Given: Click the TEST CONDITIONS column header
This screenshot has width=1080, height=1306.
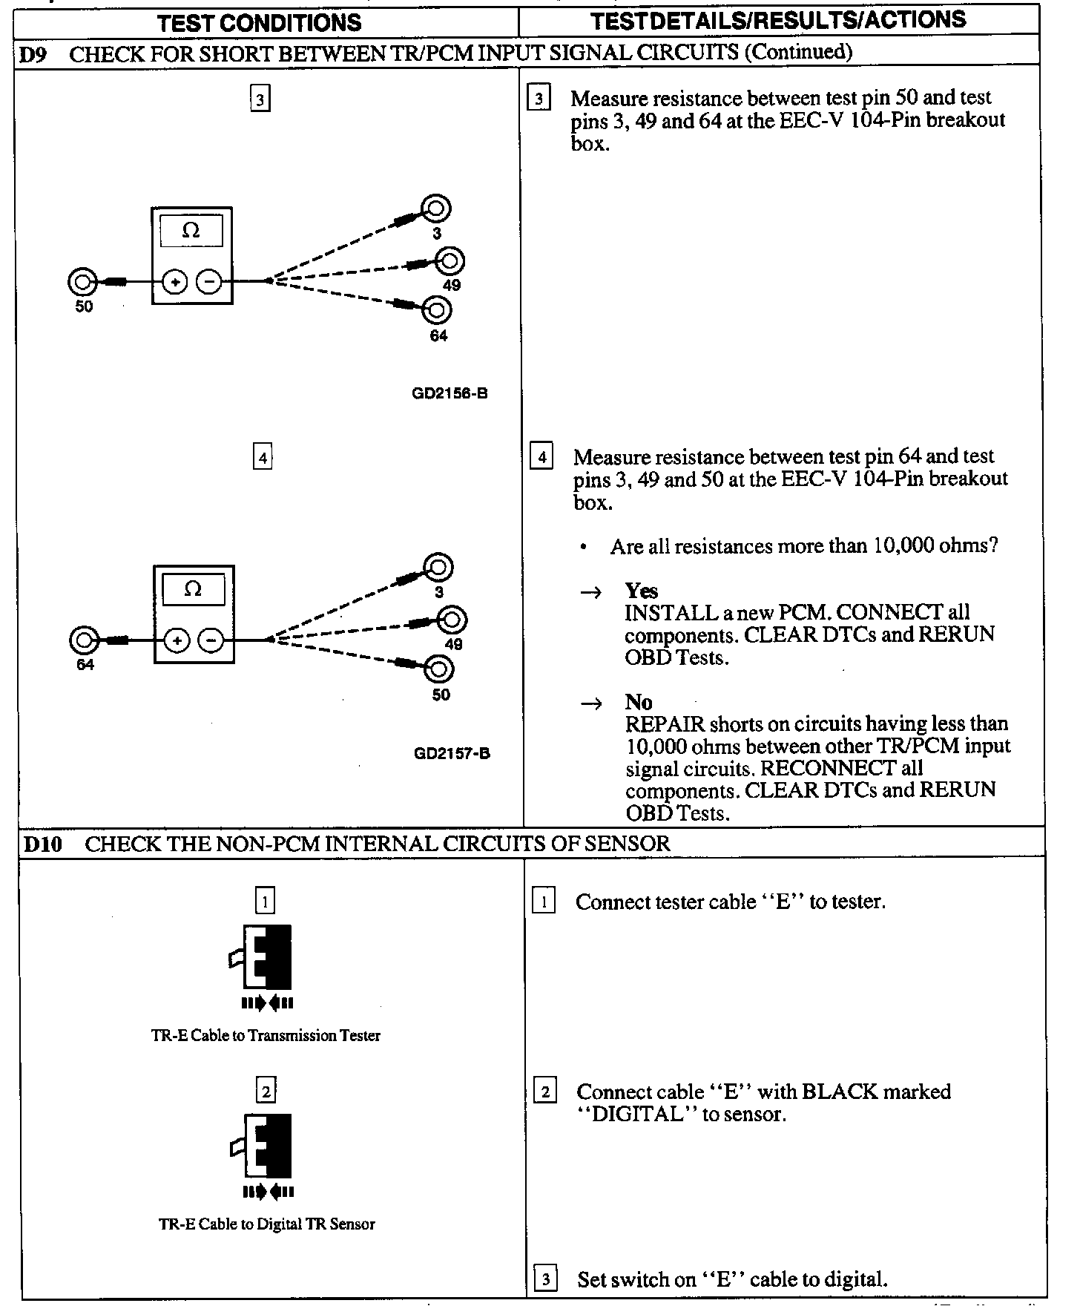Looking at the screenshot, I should click(259, 23).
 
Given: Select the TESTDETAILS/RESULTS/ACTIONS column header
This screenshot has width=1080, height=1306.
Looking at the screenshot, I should click(778, 20).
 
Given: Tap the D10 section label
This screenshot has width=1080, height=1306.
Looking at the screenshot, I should click(42, 844).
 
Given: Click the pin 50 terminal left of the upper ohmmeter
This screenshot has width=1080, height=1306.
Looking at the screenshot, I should click(82, 282).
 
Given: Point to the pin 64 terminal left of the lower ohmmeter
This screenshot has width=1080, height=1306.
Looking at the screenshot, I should click(84, 640).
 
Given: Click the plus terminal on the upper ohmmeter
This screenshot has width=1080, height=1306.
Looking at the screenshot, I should click(175, 282).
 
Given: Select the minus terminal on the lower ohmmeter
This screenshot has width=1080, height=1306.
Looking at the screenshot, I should click(211, 640).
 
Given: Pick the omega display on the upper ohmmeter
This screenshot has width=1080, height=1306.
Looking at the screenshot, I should click(191, 231).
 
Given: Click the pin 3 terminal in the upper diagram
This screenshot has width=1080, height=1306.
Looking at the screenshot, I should click(436, 209).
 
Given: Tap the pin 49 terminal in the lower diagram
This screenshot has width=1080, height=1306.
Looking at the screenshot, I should click(452, 620).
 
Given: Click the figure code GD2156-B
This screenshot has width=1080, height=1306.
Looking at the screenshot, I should click(450, 394).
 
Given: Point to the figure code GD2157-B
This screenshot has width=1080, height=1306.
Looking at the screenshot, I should click(452, 754).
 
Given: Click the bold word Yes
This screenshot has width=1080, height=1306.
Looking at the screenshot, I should click(641, 591).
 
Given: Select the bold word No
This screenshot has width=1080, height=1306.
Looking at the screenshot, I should click(638, 702).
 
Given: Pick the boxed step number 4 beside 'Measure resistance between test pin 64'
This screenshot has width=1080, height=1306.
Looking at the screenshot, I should click(541, 457).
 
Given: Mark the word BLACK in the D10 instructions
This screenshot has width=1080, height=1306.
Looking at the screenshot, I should click(846, 1092).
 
